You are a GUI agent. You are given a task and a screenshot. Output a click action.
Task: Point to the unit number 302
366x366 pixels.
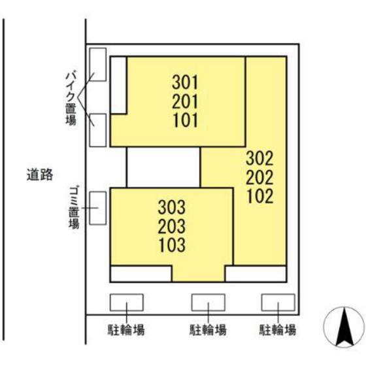[x=259, y=158]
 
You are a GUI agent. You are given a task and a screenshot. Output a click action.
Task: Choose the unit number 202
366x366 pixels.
[x=259, y=176]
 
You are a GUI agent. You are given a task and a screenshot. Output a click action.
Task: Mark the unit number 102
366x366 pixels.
[x=259, y=195]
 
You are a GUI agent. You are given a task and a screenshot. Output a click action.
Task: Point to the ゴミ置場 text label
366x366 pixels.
[x=73, y=208]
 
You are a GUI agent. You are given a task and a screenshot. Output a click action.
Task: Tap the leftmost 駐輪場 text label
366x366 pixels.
[x=126, y=329]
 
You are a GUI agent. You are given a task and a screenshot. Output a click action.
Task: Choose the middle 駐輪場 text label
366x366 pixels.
[x=208, y=329]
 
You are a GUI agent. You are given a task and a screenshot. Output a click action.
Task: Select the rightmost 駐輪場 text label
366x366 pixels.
[x=278, y=329]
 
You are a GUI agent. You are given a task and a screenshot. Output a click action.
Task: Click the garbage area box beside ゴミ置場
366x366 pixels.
[x=97, y=208]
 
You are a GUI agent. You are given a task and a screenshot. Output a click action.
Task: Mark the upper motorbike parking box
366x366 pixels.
[x=97, y=64]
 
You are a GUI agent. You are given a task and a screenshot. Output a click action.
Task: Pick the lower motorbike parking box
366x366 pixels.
[x=97, y=129]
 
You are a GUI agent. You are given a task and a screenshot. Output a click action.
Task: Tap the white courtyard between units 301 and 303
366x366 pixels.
[x=163, y=167]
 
